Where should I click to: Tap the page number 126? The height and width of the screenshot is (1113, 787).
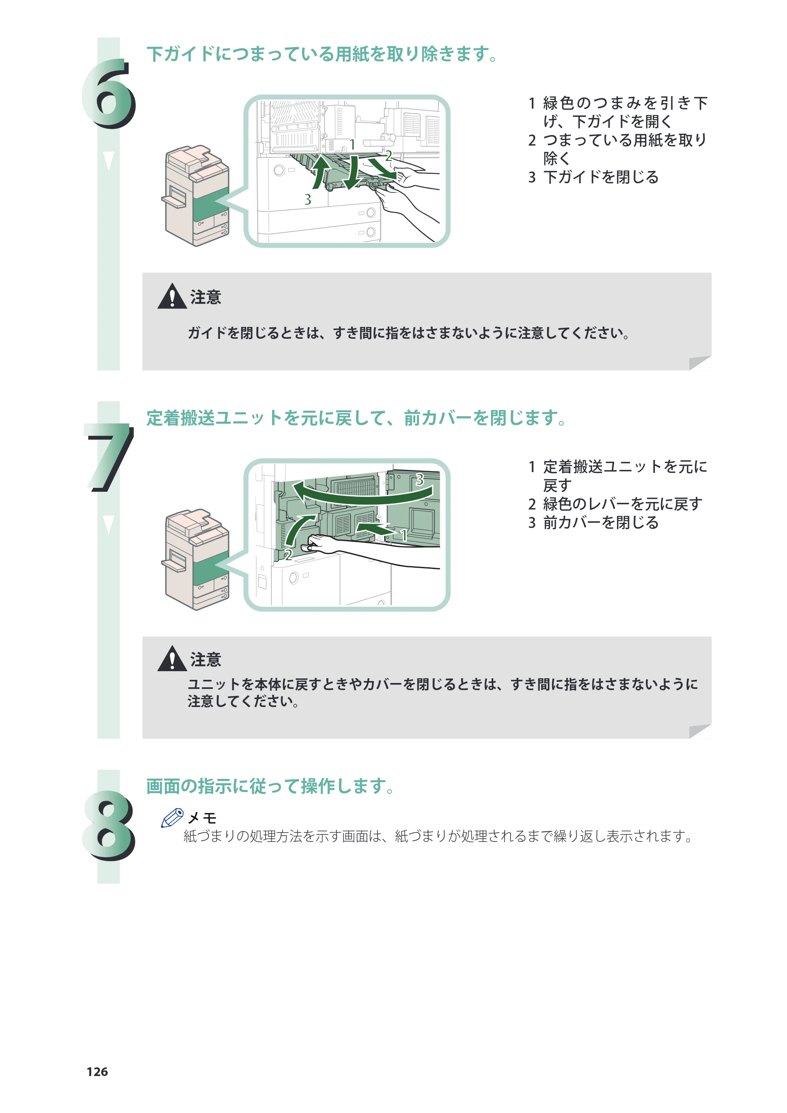pyautogui.click(x=97, y=1072)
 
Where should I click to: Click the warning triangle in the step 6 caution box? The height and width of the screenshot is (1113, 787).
pyautogui.click(x=172, y=296)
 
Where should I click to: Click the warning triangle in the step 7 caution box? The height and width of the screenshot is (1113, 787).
pyautogui.click(x=172, y=659)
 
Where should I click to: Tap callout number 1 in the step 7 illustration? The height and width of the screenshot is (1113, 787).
pyautogui.click(x=403, y=535)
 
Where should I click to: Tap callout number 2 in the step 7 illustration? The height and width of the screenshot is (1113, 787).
pyautogui.click(x=288, y=555)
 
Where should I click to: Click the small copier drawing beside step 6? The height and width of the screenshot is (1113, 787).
pyautogui.click(x=196, y=196)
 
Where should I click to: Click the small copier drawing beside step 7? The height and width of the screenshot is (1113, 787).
pyautogui.click(x=196, y=559)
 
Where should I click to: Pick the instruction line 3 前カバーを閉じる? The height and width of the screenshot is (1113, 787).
pyautogui.click(x=593, y=522)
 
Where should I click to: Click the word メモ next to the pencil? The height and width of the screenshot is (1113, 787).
pyautogui.click(x=202, y=818)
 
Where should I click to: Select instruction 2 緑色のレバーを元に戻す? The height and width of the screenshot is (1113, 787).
pyautogui.click(x=615, y=504)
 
